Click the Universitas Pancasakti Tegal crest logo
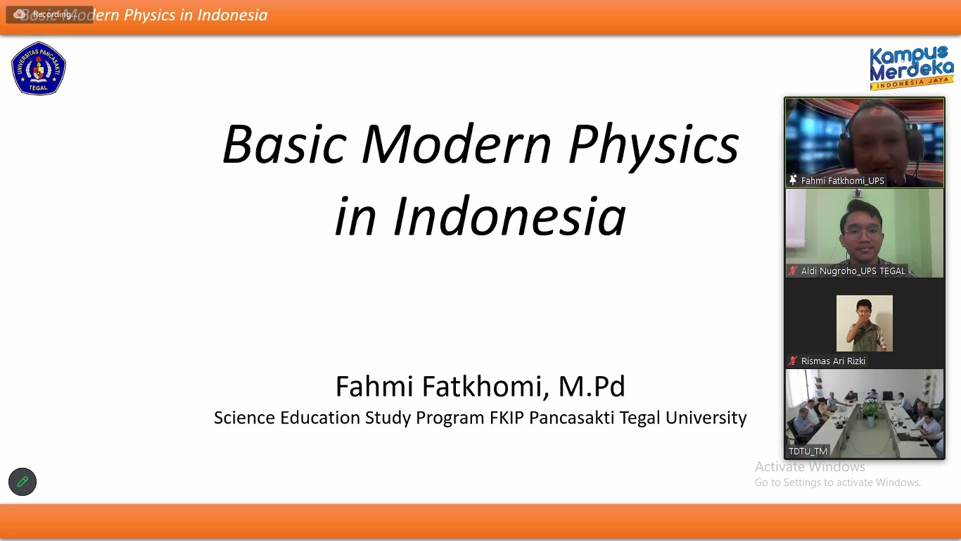(39, 68)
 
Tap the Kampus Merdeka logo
(912, 68)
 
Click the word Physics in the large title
(654, 146)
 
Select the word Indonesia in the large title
(509, 216)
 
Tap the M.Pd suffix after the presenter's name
(592, 386)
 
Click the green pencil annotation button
(23, 482)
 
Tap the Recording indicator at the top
(49, 15)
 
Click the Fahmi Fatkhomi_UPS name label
(842, 181)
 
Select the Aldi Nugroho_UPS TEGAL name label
(853, 271)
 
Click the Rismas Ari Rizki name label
(833, 361)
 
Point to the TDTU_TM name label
(808, 452)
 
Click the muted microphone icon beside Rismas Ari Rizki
(793, 361)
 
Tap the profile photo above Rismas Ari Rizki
(865, 323)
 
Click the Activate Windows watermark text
(810, 466)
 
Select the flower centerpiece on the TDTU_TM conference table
(871, 411)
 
